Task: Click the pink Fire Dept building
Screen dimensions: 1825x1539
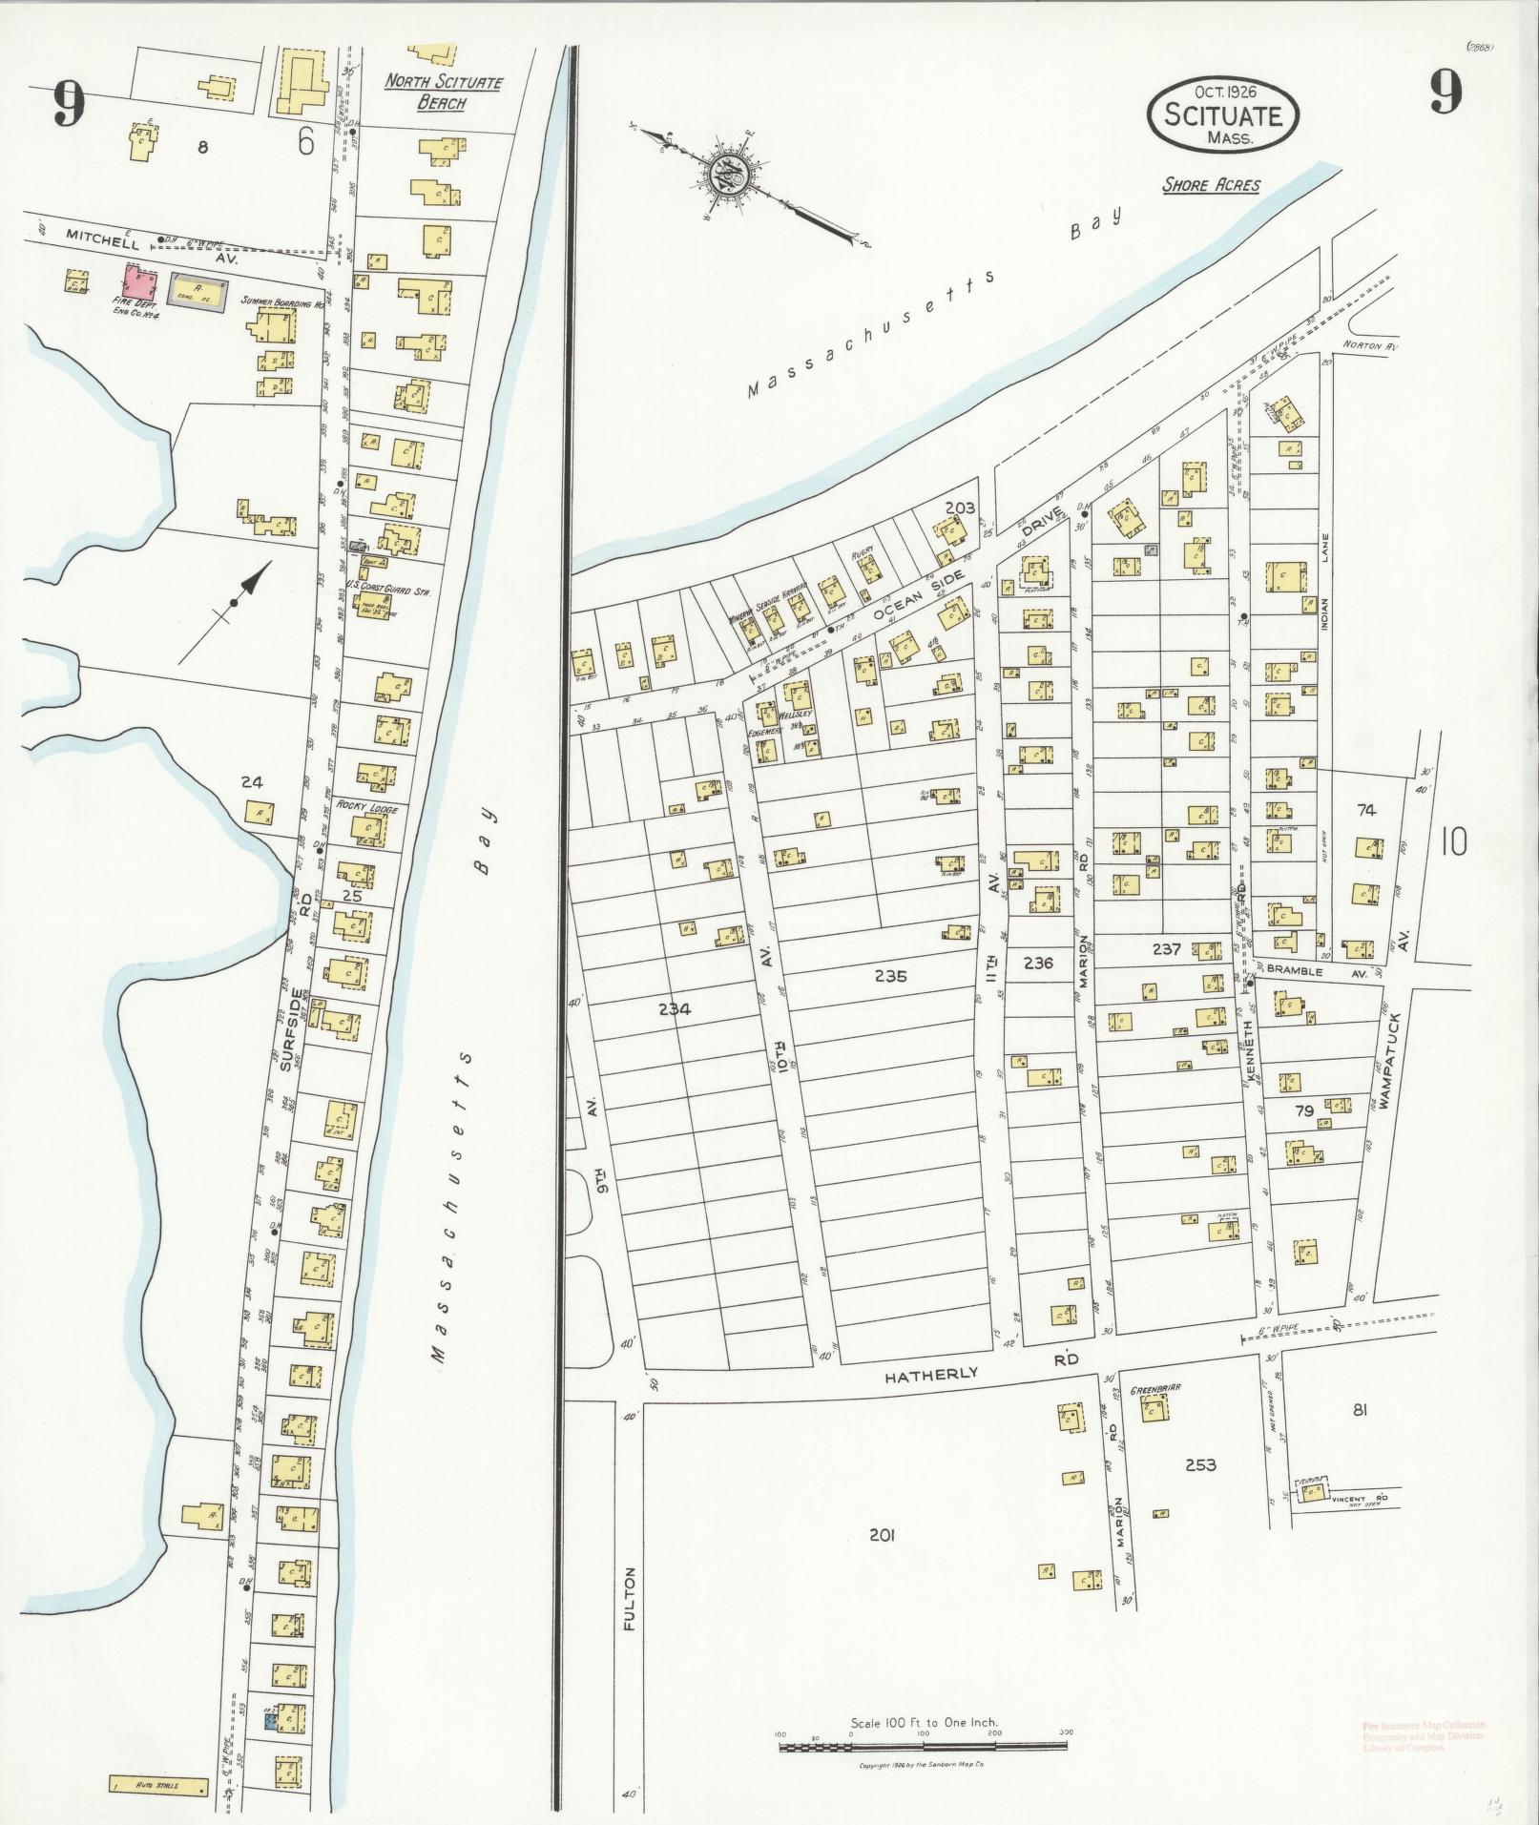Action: pos(140,284)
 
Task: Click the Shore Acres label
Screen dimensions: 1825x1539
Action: pos(1210,185)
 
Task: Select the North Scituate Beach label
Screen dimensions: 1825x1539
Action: pos(443,92)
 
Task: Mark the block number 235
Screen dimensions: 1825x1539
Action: pos(889,976)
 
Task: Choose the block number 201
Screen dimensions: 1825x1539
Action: pos(883,1535)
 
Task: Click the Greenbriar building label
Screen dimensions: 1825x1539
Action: pos(1155,1390)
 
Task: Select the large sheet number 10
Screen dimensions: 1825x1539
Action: pos(1455,842)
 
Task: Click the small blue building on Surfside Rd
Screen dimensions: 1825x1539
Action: pos(271,1722)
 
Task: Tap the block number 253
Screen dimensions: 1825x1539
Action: pos(1200,1464)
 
